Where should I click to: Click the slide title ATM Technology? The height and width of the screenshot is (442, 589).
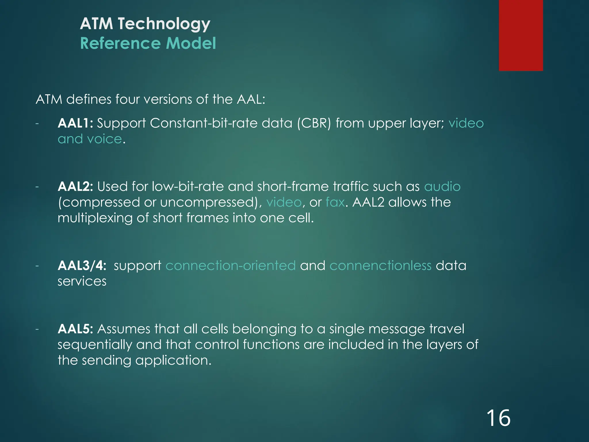point(145,24)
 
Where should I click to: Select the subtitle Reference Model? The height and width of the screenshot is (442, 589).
point(148,43)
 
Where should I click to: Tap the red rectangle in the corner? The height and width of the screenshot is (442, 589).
point(521,35)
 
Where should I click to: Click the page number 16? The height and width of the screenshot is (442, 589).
point(498,418)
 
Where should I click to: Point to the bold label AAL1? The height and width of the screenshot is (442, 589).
point(75,123)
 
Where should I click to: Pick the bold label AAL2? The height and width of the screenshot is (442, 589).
point(75,186)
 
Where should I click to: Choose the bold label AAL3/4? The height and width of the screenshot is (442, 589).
point(82,265)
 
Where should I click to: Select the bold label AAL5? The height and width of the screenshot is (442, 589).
point(75,329)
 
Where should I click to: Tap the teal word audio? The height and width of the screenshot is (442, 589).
point(442,186)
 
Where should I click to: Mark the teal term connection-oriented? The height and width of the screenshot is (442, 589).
point(230,265)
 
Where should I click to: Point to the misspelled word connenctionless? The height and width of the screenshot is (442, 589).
point(380,265)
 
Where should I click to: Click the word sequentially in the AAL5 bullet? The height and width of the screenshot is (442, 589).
point(95,345)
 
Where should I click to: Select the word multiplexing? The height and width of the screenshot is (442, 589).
point(95,218)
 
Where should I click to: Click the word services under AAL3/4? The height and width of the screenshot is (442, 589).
point(82,281)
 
